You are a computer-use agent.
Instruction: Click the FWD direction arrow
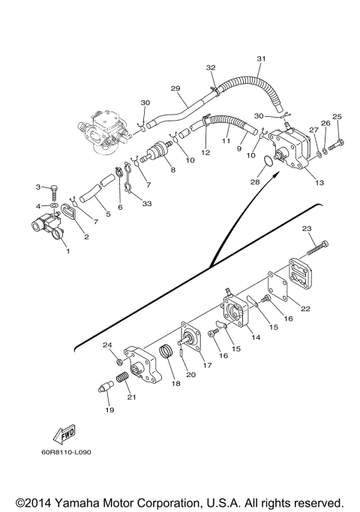click(64, 434)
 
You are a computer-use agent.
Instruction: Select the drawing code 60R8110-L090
click(66, 453)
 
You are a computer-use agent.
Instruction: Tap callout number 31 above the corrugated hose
click(261, 58)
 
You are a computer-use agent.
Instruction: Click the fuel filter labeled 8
click(157, 151)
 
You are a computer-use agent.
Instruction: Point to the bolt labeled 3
click(54, 192)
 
